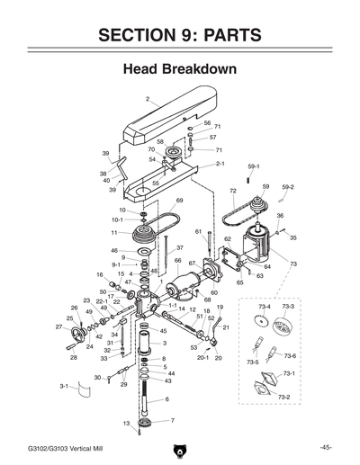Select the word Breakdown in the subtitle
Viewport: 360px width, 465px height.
(202, 69)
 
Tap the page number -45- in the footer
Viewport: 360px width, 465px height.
(326, 447)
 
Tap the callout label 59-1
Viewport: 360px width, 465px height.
(253, 167)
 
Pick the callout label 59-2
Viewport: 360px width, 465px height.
(288, 186)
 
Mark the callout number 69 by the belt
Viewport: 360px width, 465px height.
(180, 200)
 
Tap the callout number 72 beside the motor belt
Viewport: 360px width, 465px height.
(232, 192)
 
